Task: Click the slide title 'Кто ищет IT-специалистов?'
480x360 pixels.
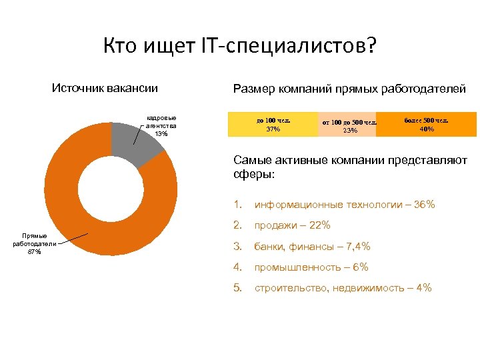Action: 240,47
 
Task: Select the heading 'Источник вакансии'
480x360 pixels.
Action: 105,88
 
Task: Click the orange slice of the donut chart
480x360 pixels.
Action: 73,220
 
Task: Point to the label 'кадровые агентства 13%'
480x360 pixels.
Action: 161,126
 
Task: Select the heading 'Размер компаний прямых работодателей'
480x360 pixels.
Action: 349,89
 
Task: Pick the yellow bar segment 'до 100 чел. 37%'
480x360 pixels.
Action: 273,125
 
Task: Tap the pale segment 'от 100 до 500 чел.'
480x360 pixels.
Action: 347,125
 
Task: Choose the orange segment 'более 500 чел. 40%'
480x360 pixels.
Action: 426,124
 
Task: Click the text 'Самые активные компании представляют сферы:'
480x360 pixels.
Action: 350,167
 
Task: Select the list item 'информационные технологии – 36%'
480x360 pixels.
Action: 345,205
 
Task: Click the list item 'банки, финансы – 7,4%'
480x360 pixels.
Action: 312,247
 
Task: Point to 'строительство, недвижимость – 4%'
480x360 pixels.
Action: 343,288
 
